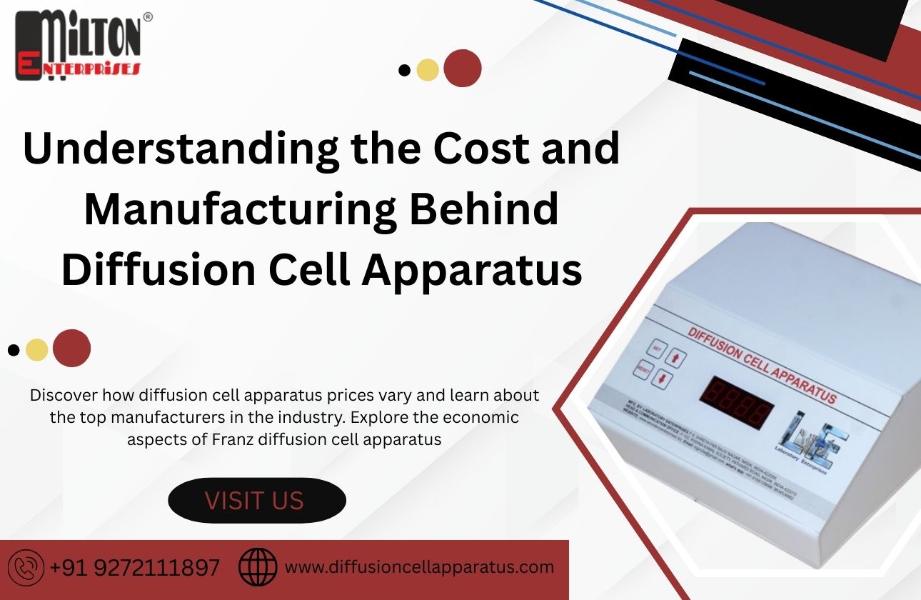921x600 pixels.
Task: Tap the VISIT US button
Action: [256, 500]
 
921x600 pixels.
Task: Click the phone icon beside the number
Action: [29, 568]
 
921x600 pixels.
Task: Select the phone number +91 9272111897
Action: [135, 569]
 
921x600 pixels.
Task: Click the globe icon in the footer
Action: [257, 568]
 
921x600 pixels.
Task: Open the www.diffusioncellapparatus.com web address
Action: [419, 567]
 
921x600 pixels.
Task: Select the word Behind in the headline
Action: [495, 210]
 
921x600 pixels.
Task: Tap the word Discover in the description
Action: [64, 394]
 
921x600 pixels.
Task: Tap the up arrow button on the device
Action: [677, 358]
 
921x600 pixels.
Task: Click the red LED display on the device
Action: [735, 401]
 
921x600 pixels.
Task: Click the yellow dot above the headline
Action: [427, 69]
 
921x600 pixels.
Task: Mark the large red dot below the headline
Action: [71, 349]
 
